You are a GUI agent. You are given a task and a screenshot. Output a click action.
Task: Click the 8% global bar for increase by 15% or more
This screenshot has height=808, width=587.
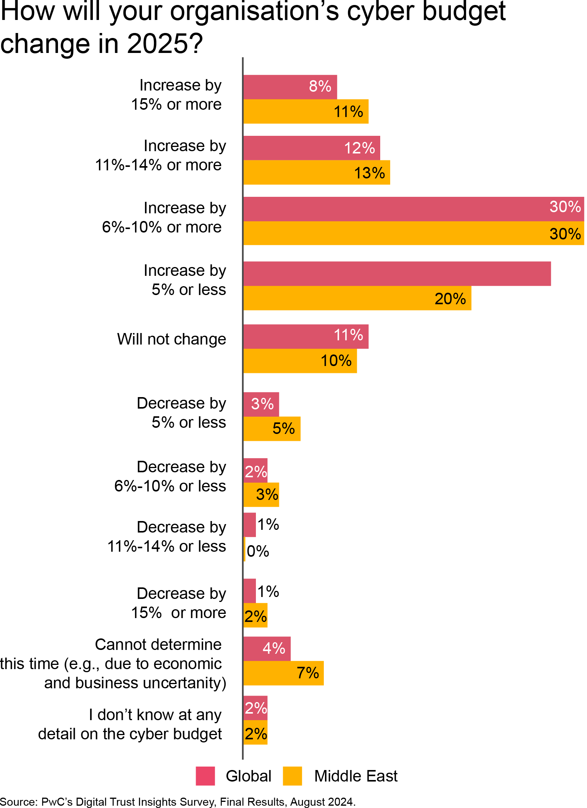[290, 87]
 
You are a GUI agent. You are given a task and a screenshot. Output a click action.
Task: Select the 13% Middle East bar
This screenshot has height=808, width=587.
[317, 173]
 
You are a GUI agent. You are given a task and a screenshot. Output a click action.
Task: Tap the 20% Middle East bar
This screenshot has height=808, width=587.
[357, 298]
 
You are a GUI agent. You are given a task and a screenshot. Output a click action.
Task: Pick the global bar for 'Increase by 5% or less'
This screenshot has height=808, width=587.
[397, 274]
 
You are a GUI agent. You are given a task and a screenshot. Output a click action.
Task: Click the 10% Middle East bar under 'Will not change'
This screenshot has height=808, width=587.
[300, 361]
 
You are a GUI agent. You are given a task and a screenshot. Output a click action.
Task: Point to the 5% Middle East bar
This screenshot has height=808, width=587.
[272, 429]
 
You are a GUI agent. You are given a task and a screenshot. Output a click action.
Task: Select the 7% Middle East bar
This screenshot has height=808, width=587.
[284, 673]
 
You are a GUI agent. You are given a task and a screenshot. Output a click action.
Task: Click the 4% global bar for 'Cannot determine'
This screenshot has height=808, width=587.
[267, 648]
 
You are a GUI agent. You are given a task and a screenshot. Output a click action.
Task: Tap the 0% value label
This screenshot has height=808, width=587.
[258, 551]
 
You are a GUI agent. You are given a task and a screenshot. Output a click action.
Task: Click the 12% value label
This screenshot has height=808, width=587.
[359, 148]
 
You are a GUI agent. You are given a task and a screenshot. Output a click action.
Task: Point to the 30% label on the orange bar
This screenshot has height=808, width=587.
[565, 234]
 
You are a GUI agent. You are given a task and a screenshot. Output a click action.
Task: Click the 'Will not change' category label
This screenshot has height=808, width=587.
[171, 339]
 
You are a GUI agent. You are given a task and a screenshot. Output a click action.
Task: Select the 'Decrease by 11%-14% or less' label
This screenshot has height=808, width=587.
[167, 536]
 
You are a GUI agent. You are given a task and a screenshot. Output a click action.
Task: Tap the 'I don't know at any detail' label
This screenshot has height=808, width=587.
[130, 724]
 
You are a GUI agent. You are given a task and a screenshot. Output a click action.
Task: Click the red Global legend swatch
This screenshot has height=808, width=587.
[205, 776]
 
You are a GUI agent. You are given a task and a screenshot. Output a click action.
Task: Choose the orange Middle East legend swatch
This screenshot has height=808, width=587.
[292, 776]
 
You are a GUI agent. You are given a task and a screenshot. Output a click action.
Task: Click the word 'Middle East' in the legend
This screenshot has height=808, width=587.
[356, 776]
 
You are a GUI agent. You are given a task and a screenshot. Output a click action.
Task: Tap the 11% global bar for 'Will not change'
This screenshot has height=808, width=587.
[306, 336]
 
